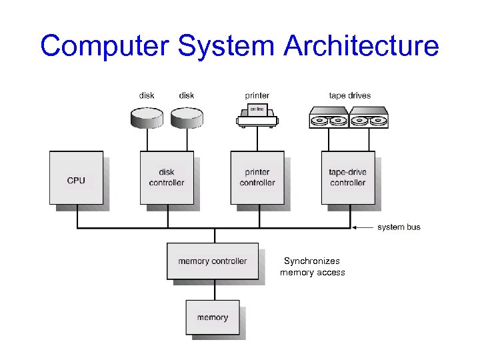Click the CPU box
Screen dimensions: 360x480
(x=76, y=177)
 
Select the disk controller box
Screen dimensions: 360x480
(x=167, y=177)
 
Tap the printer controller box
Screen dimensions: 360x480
(x=257, y=177)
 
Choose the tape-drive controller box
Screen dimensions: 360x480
(x=347, y=177)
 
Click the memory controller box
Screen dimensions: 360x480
(x=212, y=261)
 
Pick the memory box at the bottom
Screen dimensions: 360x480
(x=212, y=317)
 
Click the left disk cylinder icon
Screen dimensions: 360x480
(x=145, y=117)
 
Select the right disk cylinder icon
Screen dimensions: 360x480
(x=186, y=117)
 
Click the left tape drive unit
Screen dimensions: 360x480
(x=329, y=117)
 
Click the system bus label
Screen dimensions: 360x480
(x=399, y=227)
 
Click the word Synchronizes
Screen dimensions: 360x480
(x=311, y=261)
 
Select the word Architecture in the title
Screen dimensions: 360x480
(x=361, y=47)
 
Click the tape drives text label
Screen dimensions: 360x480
(x=349, y=95)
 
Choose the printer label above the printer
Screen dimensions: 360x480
(x=257, y=95)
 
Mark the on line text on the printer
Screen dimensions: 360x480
(x=257, y=108)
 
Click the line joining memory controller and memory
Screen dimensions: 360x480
(x=214, y=289)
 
